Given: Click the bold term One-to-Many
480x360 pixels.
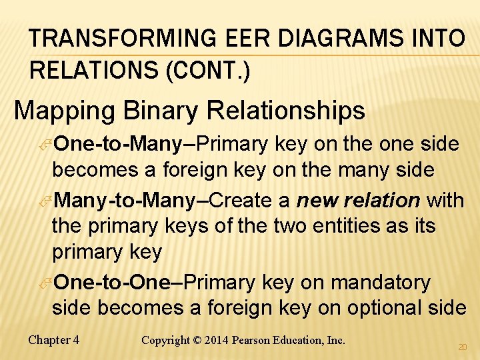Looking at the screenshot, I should pyautogui.click(x=118, y=144).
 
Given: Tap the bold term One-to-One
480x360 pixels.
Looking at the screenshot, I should pyautogui.click(x=112, y=283).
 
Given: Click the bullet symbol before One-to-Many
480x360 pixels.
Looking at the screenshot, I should pyautogui.click(x=47, y=145).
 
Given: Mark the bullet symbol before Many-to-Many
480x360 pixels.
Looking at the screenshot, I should pyautogui.click(x=47, y=201).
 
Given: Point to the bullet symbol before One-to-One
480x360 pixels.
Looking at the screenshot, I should pyautogui.click(x=47, y=283).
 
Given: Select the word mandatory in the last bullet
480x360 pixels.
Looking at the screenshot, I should pyautogui.click(x=381, y=283).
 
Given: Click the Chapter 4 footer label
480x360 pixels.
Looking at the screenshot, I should pyautogui.click(x=54, y=340).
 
